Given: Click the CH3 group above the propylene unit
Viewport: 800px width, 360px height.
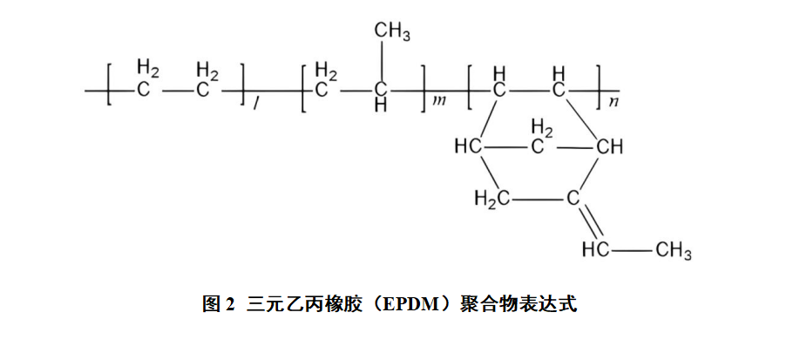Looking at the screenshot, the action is pos(392,31).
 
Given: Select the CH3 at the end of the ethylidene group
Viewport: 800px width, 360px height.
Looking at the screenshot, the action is pos(674,251).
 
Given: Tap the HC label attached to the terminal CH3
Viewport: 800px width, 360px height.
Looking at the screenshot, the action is pos(595,249).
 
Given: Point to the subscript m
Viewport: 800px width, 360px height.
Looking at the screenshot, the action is pos(438,100).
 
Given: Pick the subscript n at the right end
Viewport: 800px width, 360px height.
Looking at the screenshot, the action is pos(614,100).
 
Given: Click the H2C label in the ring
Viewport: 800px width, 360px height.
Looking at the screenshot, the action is pos(492,198).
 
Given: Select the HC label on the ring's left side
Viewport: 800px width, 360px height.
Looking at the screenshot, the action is pos(468,147).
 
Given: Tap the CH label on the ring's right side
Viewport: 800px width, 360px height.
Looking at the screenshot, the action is pos(610,147).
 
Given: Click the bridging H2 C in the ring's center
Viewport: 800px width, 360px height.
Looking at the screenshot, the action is pos(539,137).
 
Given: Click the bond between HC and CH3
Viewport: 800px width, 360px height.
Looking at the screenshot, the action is pos(632,251).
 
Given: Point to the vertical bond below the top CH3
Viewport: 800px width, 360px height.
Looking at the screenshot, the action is pos(380,62).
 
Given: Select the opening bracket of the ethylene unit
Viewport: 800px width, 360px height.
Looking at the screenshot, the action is pos(109,85).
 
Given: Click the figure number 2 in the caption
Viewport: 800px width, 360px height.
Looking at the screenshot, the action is pos(229,304).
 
